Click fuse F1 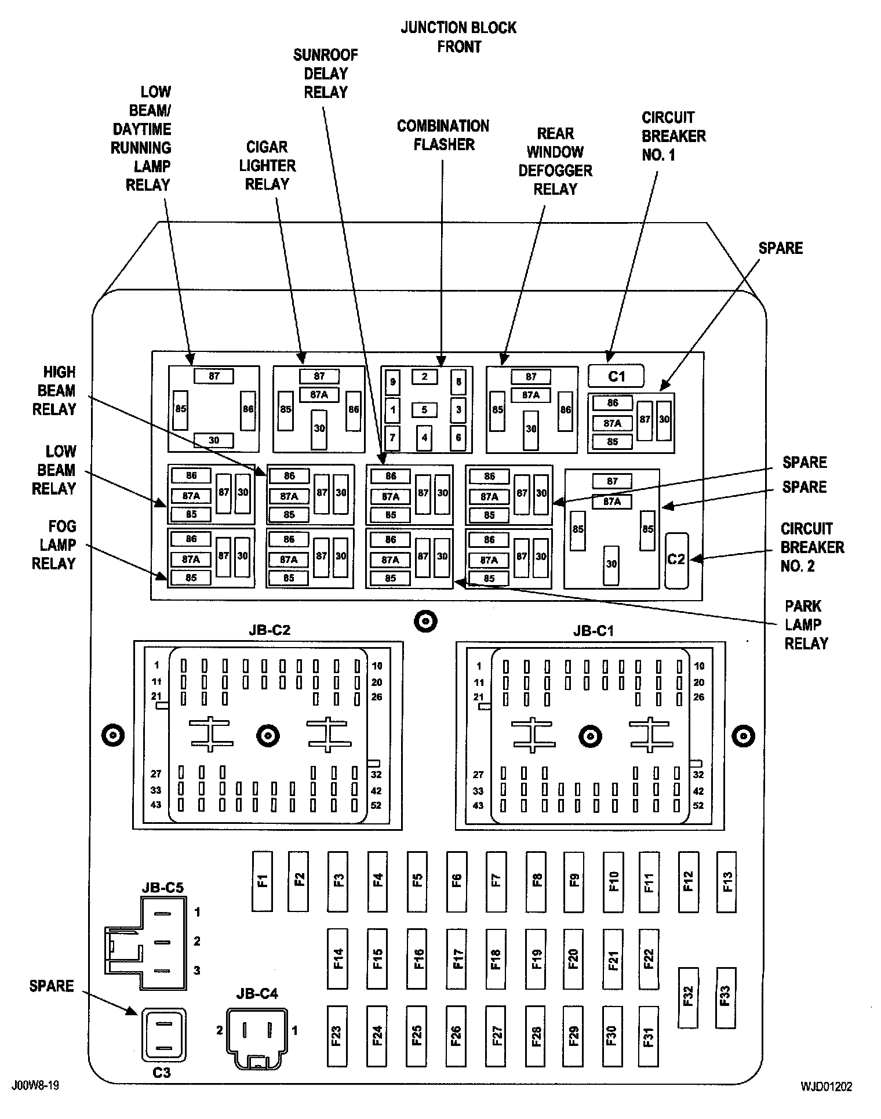click(263, 881)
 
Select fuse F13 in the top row click(726, 881)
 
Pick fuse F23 click(337, 1036)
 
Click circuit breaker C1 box click(616, 376)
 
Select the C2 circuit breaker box click(676, 559)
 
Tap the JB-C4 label click(257, 994)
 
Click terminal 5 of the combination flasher click(424, 410)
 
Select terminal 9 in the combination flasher click(392, 382)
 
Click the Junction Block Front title click(458, 37)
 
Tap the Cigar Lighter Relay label click(267, 165)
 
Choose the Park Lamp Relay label click(806, 624)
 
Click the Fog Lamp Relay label click(54, 544)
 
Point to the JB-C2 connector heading click(269, 630)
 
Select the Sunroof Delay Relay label click(325, 74)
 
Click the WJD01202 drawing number click(827, 1086)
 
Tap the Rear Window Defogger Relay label click(555, 161)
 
